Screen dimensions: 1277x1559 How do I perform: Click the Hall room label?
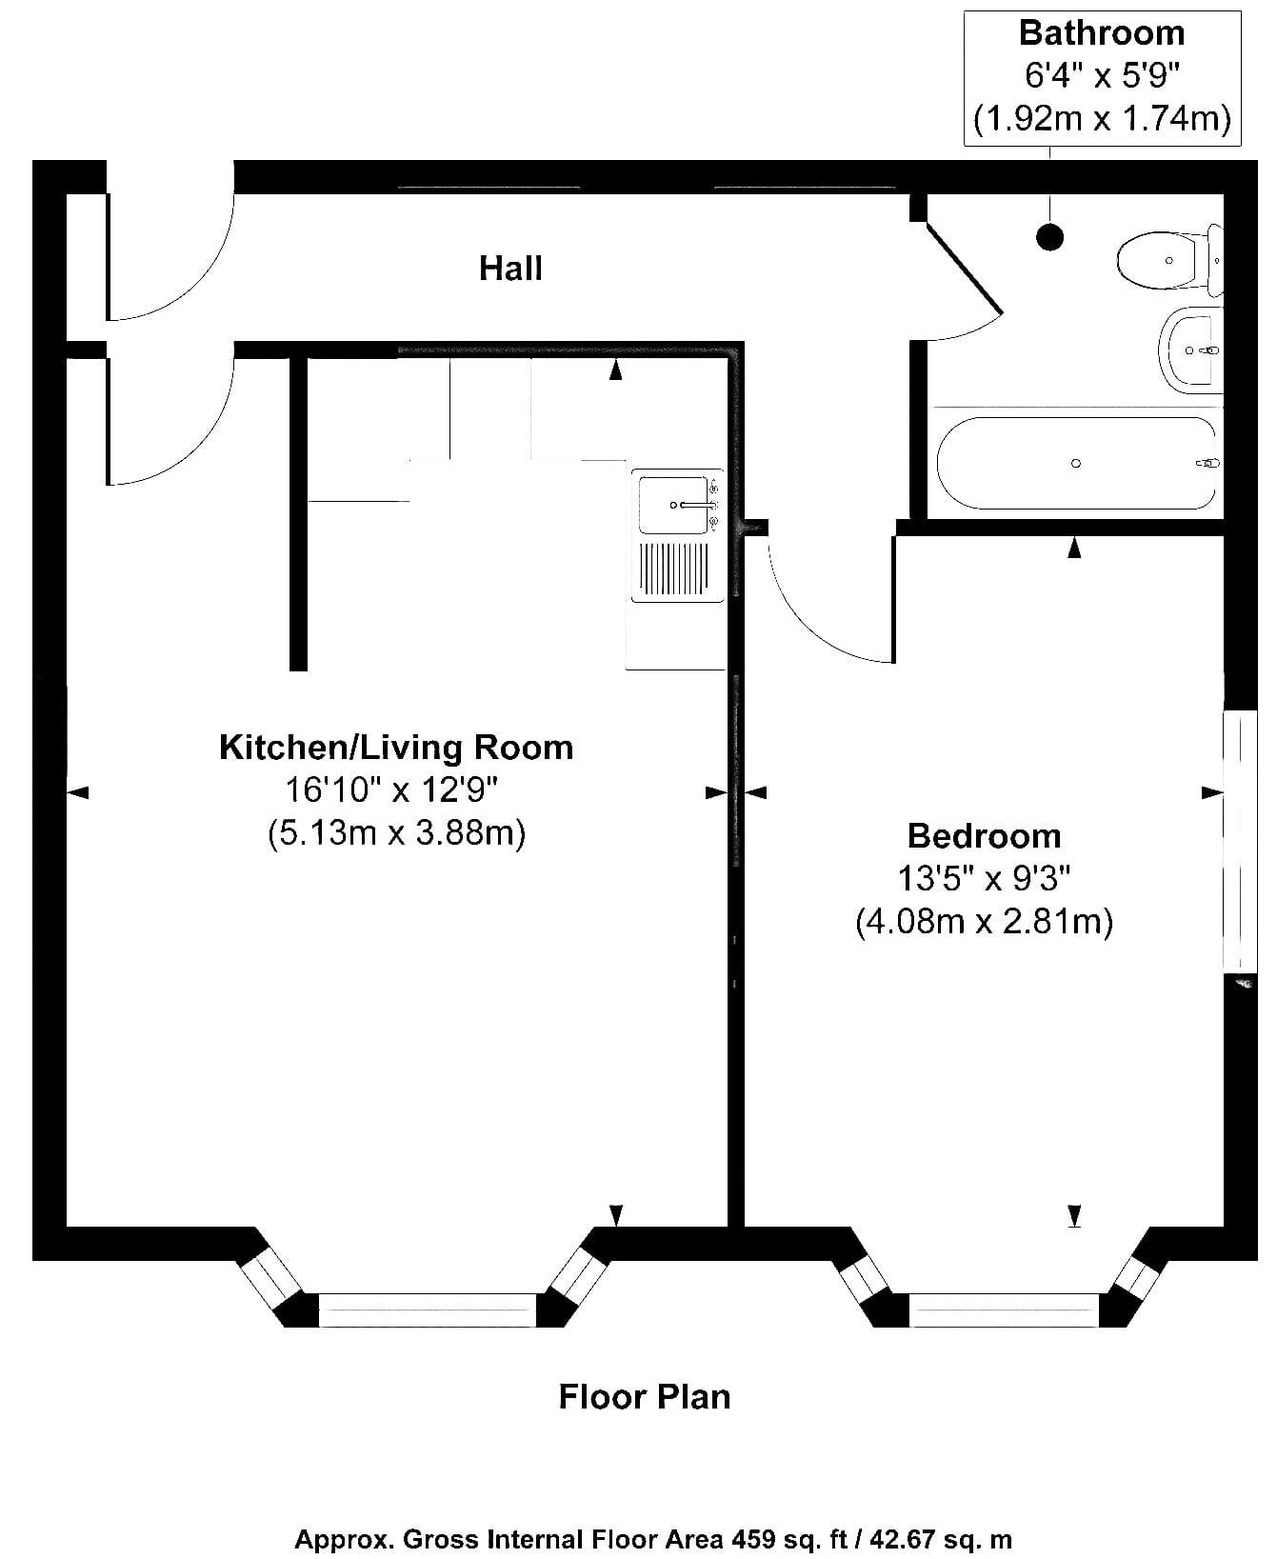click(510, 269)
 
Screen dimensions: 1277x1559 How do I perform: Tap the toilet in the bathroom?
click(1167, 259)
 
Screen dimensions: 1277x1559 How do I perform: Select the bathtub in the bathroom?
click(1076, 463)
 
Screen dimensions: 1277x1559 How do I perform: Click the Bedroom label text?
click(984, 835)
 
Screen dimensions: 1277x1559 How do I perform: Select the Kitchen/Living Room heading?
click(396, 748)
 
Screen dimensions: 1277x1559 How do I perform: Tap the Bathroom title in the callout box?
click(1102, 32)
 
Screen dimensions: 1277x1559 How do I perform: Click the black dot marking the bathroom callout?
click(1049, 236)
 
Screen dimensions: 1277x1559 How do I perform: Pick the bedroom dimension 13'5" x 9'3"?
click(984, 877)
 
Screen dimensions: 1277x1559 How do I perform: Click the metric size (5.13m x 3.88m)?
click(396, 833)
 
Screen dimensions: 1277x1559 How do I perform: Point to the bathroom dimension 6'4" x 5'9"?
click(1102, 75)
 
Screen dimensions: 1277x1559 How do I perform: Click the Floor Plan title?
click(645, 1397)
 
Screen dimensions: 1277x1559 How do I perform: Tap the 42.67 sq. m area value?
click(933, 1540)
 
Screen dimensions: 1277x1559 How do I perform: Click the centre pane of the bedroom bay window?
click(1005, 1309)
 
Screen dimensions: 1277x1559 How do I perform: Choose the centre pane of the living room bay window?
click(428, 1309)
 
